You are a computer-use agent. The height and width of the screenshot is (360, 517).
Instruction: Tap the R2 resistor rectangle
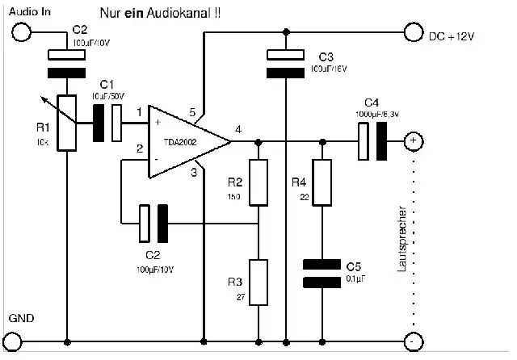pyautogui.click(x=258, y=182)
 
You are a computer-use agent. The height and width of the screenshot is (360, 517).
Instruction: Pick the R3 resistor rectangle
pyautogui.click(x=258, y=282)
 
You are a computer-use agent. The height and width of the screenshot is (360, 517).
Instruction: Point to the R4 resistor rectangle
pyautogui.click(x=322, y=182)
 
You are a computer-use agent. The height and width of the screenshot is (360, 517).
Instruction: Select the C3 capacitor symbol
pyautogui.click(x=287, y=64)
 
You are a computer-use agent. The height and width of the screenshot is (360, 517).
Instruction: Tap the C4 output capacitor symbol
pyautogui.click(x=372, y=141)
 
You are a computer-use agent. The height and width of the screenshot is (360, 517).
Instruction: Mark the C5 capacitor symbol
pyautogui.click(x=322, y=273)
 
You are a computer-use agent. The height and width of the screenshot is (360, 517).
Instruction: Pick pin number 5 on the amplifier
pyautogui.click(x=192, y=111)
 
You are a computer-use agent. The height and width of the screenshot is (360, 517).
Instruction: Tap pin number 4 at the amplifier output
pyautogui.click(x=237, y=129)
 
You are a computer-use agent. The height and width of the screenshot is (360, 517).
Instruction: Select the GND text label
pyautogui.click(x=22, y=319)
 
